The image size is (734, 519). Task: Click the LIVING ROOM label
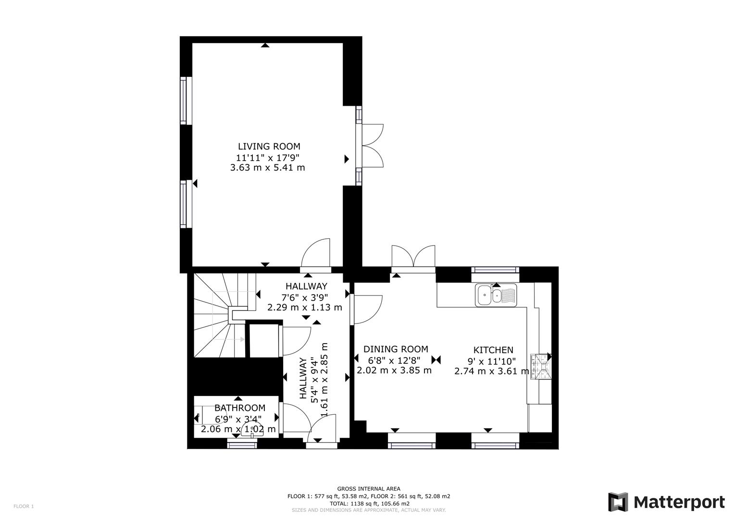[x=269, y=147]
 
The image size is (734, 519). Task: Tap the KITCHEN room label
[x=493, y=350]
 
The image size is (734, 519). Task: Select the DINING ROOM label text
[x=396, y=349]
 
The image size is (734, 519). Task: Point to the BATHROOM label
[x=240, y=408]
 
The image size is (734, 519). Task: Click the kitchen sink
[x=496, y=295]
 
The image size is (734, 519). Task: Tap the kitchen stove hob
[x=541, y=367]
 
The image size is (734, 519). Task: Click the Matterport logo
[x=667, y=502]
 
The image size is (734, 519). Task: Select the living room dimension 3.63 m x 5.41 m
[x=267, y=168]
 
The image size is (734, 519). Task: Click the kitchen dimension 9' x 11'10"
[x=492, y=361]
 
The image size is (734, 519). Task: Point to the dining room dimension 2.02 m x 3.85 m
[x=394, y=370]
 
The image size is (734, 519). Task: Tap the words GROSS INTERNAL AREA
[x=369, y=489]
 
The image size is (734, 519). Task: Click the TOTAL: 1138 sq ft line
[x=370, y=504]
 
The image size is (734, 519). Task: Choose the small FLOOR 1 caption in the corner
[x=24, y=506]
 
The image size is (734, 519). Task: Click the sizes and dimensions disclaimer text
[x=369, y=510]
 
